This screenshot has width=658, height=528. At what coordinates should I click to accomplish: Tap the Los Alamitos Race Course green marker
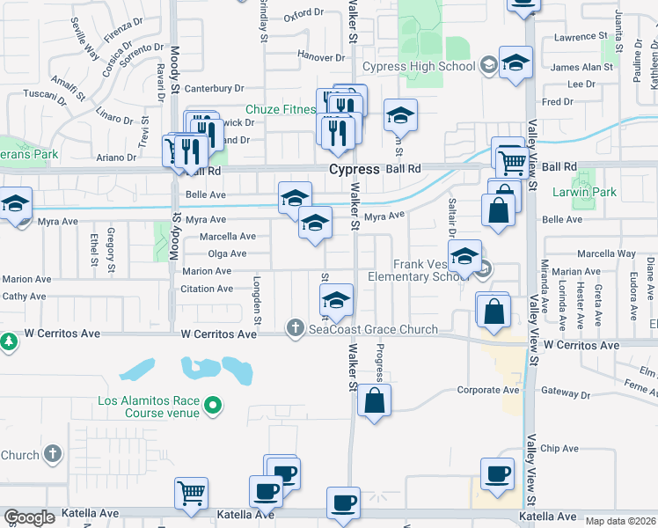212,406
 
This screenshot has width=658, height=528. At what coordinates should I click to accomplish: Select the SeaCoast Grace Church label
373,329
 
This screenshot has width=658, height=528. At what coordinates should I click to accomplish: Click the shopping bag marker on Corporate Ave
374,400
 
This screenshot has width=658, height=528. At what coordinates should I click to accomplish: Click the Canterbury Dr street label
213,88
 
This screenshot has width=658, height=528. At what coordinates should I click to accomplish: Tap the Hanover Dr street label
320,55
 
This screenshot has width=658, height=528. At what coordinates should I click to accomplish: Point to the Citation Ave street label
207,289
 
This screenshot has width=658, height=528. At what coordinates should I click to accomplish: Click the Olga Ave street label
226,253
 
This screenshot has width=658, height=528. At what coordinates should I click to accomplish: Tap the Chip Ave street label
559,448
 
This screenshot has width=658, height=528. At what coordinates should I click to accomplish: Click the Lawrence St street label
582,37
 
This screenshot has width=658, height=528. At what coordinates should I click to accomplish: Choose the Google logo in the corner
29,517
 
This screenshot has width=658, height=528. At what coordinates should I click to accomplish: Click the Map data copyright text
620,521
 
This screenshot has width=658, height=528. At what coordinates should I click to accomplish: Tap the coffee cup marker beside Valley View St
497,473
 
